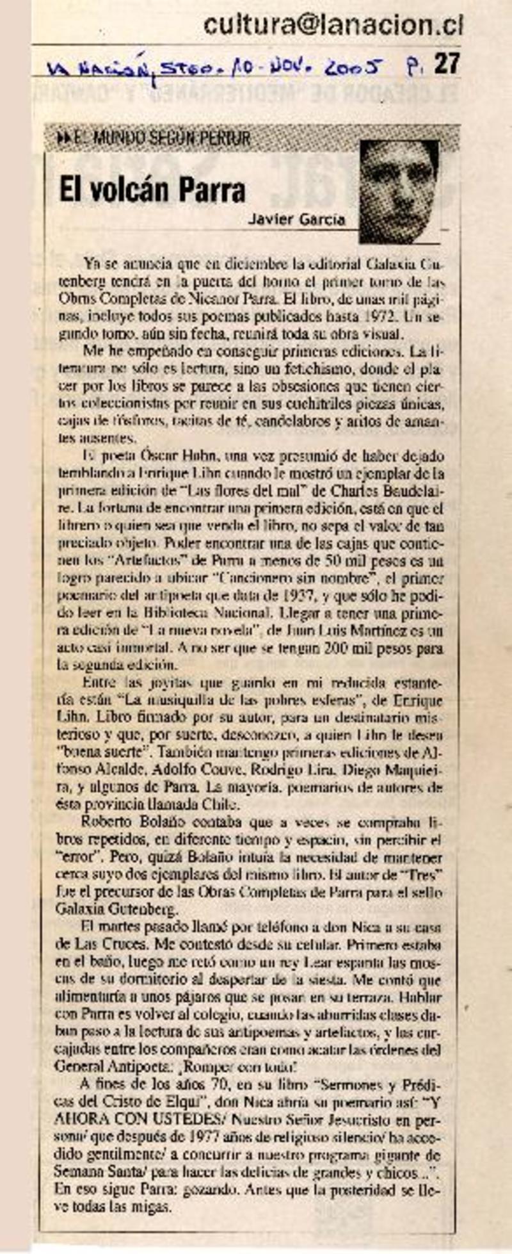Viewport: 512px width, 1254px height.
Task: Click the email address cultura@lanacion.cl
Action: coord(333,25)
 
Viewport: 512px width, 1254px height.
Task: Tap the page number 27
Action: coord(447,64)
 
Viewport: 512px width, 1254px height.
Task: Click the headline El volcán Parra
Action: coord(152,190)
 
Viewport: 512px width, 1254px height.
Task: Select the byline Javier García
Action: coord(296,219)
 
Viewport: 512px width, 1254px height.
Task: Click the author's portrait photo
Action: coord(399,191)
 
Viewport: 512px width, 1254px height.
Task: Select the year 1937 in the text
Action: coord(298,596)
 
